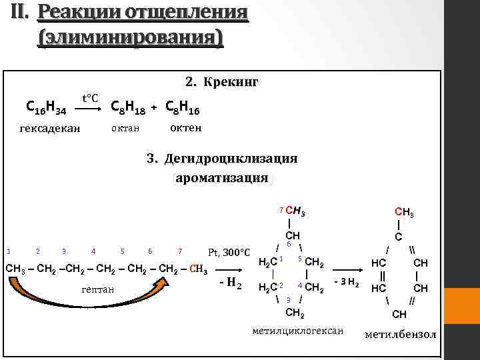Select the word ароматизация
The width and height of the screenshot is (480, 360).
click(222, 178)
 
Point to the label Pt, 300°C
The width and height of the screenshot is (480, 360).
click(228, 253)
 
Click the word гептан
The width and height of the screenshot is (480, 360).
click(98, 290)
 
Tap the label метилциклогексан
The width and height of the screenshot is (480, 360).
click(298, 331)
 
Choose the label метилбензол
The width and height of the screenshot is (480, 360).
click(401, 333)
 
